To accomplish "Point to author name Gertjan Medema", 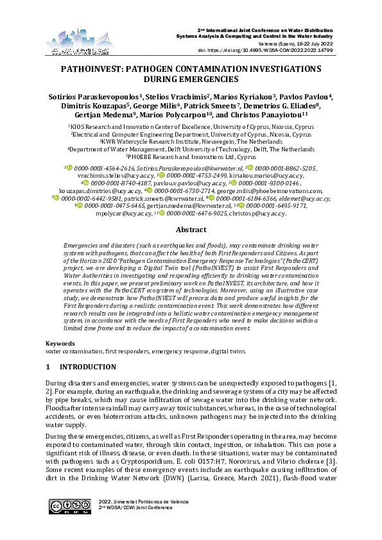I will tap(101, 117).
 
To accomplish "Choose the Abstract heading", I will tap(191, 229).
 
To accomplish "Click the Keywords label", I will tap(59, 344).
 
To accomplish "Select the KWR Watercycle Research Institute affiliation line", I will tap(191, 142).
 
